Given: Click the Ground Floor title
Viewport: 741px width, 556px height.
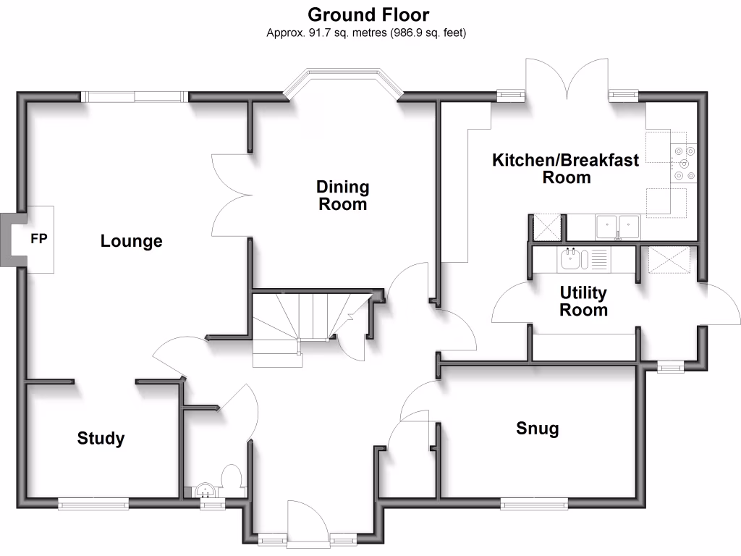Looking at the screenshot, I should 368,14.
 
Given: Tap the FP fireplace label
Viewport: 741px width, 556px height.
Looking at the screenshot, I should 38,238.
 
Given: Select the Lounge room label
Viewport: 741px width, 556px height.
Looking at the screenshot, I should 131,241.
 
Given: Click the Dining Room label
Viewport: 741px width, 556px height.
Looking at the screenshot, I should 342,195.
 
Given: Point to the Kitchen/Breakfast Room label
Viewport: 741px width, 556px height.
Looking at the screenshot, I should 566,169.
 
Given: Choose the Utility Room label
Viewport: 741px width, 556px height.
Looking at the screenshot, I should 583,302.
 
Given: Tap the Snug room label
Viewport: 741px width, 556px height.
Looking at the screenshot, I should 537,429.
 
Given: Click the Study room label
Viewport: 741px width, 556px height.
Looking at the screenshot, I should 101,438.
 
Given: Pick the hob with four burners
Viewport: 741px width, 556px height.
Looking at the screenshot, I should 685,163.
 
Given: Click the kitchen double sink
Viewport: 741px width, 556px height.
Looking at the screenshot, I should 617,227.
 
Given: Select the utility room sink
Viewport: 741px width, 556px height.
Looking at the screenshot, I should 570,258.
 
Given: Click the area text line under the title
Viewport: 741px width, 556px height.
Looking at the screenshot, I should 368,33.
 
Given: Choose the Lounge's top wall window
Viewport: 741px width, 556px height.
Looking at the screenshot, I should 134,96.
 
